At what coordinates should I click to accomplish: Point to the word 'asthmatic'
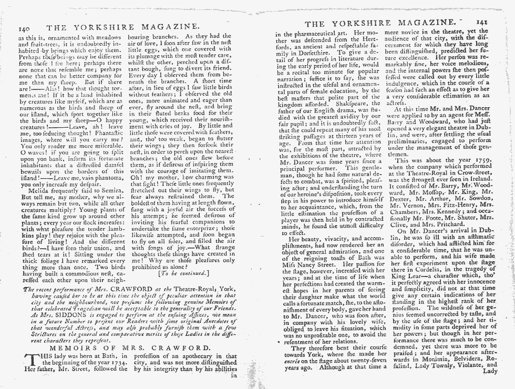pos(481,237)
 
